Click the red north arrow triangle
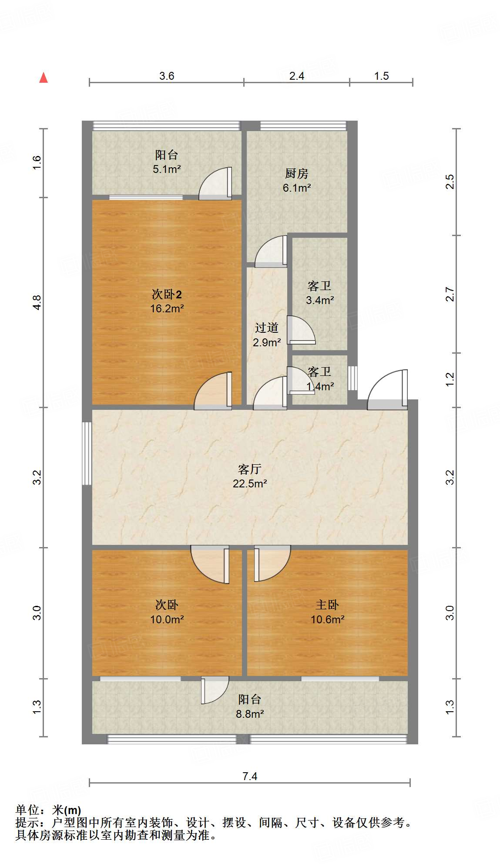[x=44, y=78]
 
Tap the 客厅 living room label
[x=249, y=469]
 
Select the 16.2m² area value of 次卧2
[x=167, y=309]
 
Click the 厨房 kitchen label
[x=296, y=174]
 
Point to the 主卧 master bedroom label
[x=327, y=605]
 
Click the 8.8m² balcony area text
[x=250, y=714]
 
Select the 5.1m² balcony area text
[x=167, y=169]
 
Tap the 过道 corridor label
[x=266, y=328]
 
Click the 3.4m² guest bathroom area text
[x=320, y=300]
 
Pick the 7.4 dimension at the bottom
[x=250, y=776]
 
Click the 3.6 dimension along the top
[x=166, y=76]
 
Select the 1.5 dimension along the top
[x=381, y=76]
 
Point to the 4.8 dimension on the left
[x=37, y=302]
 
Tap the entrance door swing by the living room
[x=387, y=390]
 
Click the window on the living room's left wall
[x=87, y=453]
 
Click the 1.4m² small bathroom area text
[x=320, y=386]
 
